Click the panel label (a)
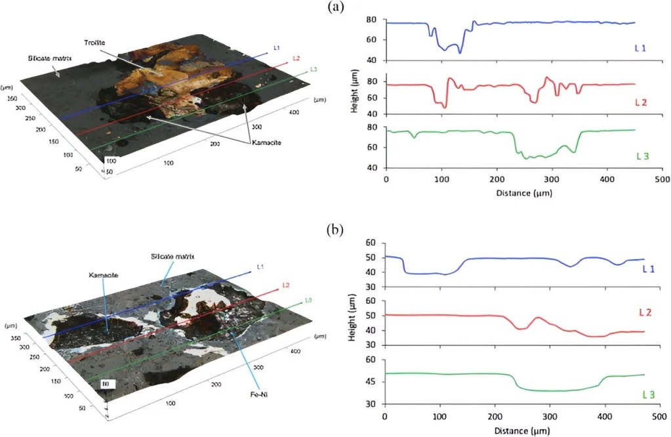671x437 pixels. pyautogui.click(x=335, y=7)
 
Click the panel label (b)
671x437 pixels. pyautogui.click(x=335, y=230)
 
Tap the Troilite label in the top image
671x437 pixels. pyautogui.click(x=95, y=43)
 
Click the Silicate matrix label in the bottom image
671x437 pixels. pyautogui.click(x=179, y=256)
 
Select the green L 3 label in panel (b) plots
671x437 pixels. pyautogui.click(x=648, y=394)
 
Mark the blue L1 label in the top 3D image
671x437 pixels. pyautogui.click(x=277, y=48)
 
